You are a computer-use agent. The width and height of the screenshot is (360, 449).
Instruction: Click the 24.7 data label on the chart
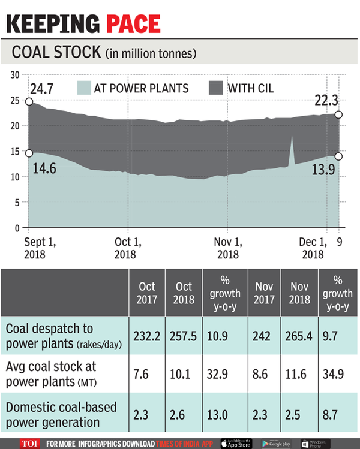43,89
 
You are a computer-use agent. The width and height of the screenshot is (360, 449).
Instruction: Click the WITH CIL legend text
250,89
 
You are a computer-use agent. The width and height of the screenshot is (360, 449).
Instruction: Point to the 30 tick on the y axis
15,74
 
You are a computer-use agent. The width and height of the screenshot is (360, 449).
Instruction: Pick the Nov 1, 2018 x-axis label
227,248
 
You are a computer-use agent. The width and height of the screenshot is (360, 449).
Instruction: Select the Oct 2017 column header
146,293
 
